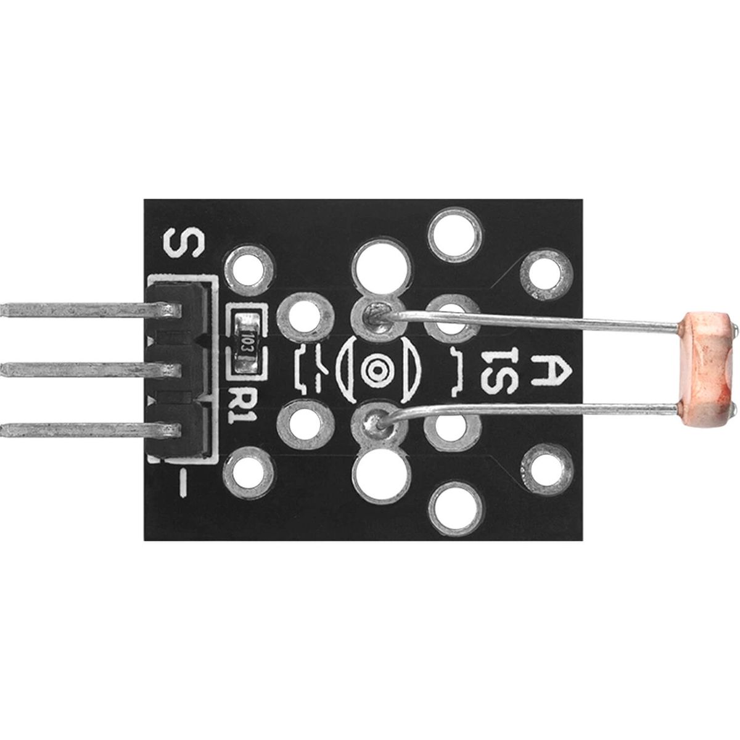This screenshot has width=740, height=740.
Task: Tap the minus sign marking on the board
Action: (x=183, y=483)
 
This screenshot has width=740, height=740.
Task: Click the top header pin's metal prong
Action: (x=91, y=310)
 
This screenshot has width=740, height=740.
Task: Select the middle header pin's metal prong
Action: (x=91, y=370)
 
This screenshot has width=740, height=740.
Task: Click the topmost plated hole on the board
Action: (x=455, y=234)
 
